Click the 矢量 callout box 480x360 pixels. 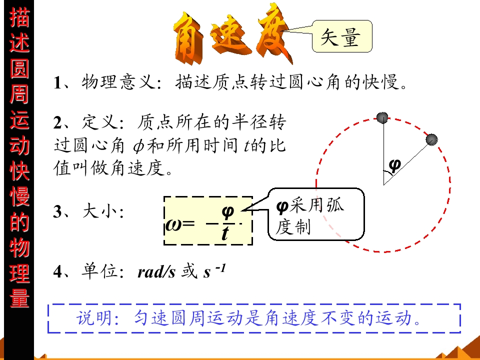tap(342, 36)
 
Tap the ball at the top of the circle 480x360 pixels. tap(382, 118)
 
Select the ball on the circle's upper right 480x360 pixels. tap(431, 139)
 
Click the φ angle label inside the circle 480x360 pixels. tap(394, 166)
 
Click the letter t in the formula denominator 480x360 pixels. tap(225, 233)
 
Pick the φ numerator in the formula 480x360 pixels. tap(227, 212)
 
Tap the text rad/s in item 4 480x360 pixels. tap(156, 271)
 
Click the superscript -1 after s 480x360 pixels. tap(220, 268)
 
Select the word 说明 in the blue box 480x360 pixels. tap(94, 318)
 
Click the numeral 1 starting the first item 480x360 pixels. tap(57, 82)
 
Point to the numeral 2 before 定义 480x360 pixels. tap(57, 122)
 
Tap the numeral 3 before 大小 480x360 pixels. tap(57, 211)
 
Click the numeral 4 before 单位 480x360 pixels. tap(57, 271)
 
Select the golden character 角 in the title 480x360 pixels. tap(189, 37)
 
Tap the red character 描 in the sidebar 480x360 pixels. tap(19, 17)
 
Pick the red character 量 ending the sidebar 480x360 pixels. tap(19, 297)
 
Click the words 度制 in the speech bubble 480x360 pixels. tap(293, 227)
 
